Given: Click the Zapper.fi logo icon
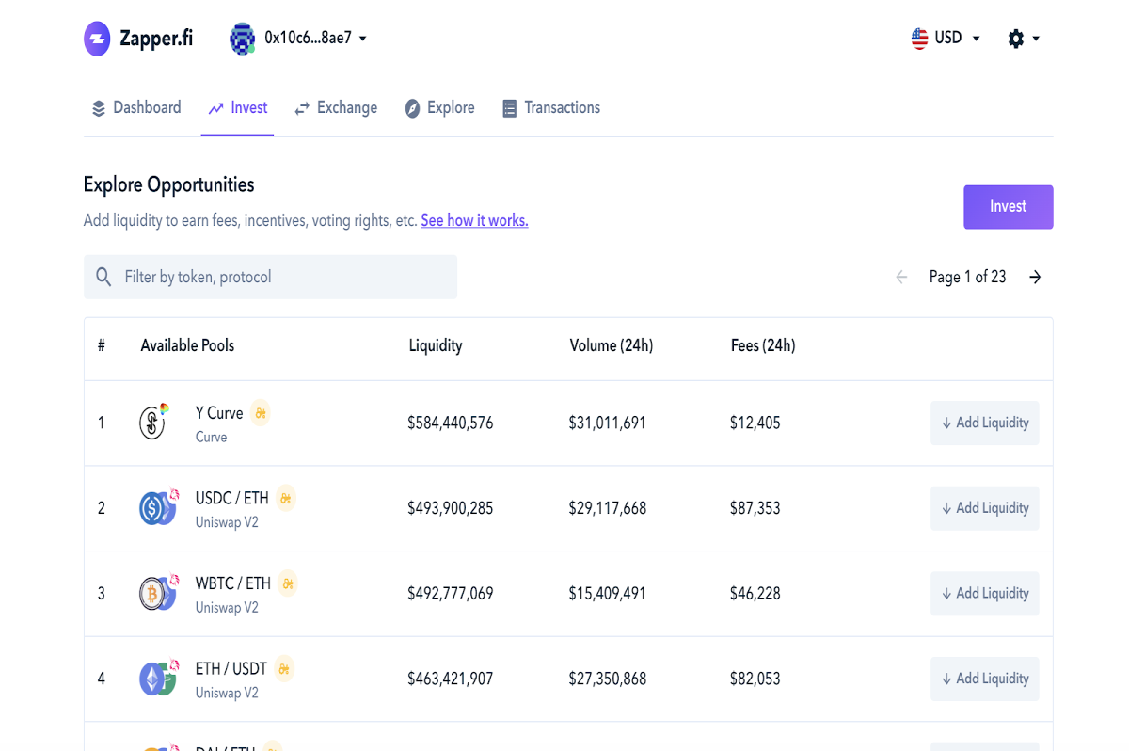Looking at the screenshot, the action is click(x=97, y=39).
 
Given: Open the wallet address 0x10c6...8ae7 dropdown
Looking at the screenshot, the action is click(x=298, y=39).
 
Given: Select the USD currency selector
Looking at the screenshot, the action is click(x=946, y=38).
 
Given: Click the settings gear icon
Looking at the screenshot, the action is click(x=1015, y=39).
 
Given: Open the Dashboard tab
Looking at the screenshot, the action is click(x=136, y=107).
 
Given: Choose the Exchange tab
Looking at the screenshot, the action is click(x=336, y=107).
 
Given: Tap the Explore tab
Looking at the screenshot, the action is click(x=439, y=107).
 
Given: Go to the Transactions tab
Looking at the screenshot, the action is click(x=551, y=107).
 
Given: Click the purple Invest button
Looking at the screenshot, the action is click(x=1008, y=207).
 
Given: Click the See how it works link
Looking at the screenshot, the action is click(x=474, y=220).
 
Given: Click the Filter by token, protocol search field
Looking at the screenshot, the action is click(x=270, y=277).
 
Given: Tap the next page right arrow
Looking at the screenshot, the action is click(x=1035, y=277).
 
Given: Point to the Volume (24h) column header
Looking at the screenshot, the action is click(x=612, y=345).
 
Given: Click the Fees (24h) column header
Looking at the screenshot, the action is click(x=763, y=345).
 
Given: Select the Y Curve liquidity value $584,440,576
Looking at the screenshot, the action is click(x=450, y=423).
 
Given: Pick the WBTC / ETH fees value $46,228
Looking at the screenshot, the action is click(x=755, y=593).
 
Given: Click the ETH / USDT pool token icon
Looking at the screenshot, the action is click(x=158, y=678).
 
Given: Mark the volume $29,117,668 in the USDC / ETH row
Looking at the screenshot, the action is click(x=608, y=508).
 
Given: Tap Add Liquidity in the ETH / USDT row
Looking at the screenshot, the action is click(x=984, y=679).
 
